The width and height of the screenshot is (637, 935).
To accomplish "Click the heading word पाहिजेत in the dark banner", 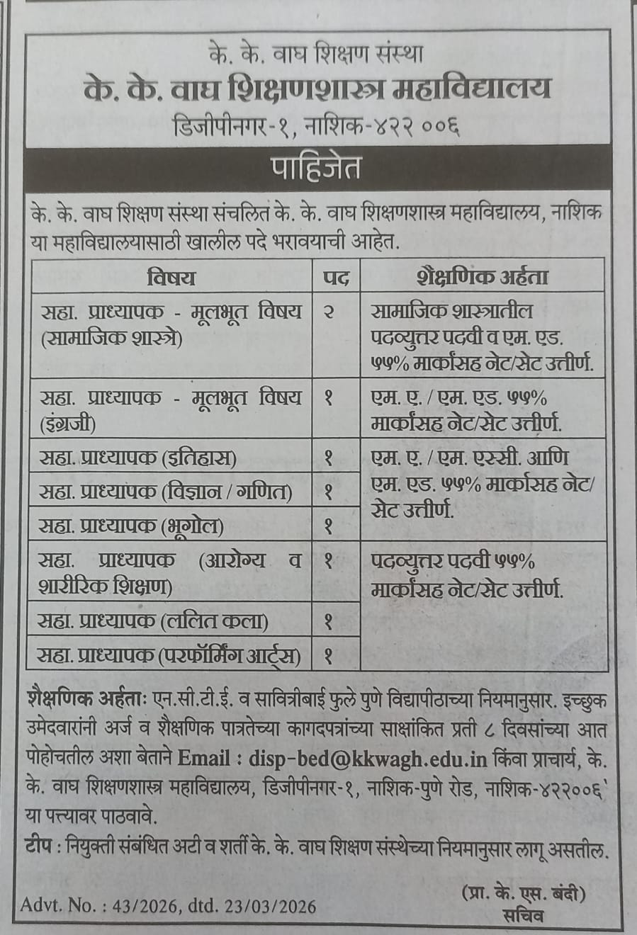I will pos(317,168).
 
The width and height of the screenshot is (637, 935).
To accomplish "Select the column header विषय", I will pos(171,276).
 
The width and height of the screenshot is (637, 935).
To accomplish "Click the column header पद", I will pos(336,276).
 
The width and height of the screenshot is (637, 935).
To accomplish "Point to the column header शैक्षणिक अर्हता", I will pos(483,276).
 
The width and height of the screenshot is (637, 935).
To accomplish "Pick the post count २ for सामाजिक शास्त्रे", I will pos(329,312).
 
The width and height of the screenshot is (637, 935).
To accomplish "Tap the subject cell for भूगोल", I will pos(132,526).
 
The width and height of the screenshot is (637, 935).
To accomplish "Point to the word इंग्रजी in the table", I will pos(69,424).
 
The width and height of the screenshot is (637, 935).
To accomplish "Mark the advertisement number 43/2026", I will pos(149,906).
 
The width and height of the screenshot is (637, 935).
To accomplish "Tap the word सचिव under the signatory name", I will pos(523,916).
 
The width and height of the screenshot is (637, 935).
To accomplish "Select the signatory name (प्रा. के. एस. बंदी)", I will pos(524,894).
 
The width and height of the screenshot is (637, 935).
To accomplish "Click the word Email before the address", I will pos(204,759).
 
